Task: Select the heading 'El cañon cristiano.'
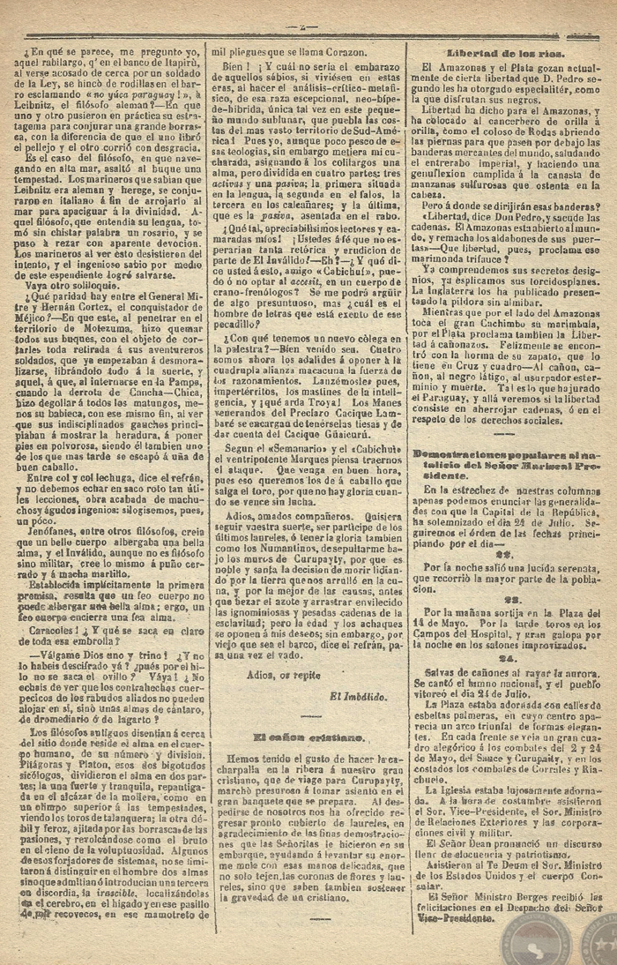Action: (302, 736)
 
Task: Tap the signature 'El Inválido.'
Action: (359, 696)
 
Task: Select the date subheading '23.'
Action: (505, 598)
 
